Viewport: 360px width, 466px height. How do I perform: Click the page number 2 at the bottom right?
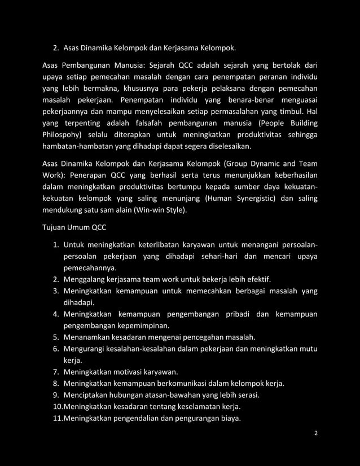click(x=316, y=433)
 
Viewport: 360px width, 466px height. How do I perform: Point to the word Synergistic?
click(x=259, y=198)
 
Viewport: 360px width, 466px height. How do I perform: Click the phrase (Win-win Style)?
click(x=164, y=211)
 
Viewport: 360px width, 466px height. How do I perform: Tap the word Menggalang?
click(x=86, y=279)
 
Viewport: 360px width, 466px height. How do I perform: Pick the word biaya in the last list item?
click(x=227, y=418)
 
